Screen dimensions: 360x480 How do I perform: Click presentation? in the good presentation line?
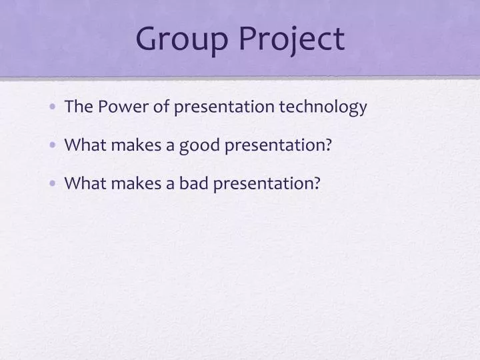pyautogui.click(x=279, y=145)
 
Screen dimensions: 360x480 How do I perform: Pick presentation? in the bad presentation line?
pyautogui.click(x=267, y=183)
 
